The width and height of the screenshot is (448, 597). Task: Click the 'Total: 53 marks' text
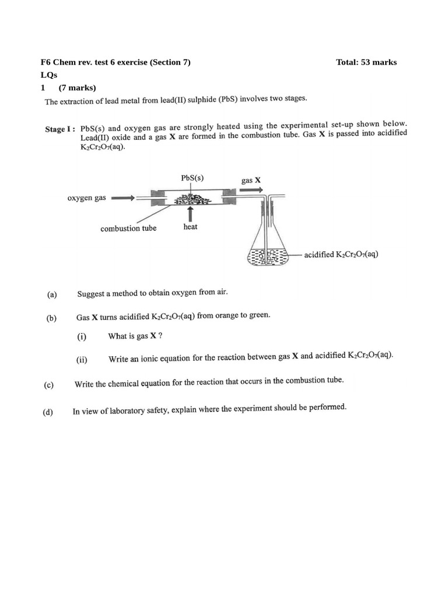click(x=366, y=62)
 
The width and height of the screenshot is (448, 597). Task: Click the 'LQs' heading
click(x=48, y=75)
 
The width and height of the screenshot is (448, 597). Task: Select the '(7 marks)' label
click(x=77, y=88)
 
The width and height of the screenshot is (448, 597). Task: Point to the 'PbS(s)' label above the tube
click(x=192, y=178)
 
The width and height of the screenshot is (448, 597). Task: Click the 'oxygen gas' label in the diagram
click(x=87, y=198)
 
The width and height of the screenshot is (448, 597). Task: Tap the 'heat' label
click(x=190, y=227)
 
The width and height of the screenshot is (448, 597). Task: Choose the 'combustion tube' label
click(x=128, y=229)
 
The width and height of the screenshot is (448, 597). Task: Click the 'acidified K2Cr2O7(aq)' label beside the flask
click(x=341, y=255)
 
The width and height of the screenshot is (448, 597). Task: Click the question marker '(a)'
click(x=52, y=294)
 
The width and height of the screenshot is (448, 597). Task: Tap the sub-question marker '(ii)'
click(x=82, y=360)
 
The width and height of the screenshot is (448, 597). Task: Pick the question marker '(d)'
click(x=48, y=412)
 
